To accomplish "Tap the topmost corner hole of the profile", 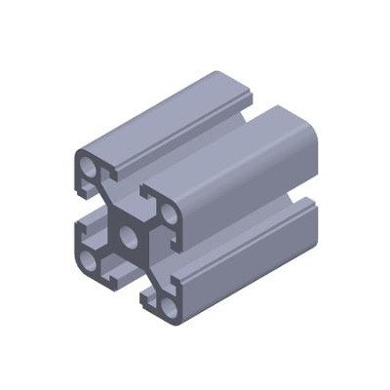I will pyautogui.click(x=89, y=169).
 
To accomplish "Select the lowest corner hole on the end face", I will pyautogui.click(x=170, y=304).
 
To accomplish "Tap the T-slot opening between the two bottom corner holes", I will pyautogui.click(x=127, y=283).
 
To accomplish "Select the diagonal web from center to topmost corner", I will pyautogui.click(x=107, y=200).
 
